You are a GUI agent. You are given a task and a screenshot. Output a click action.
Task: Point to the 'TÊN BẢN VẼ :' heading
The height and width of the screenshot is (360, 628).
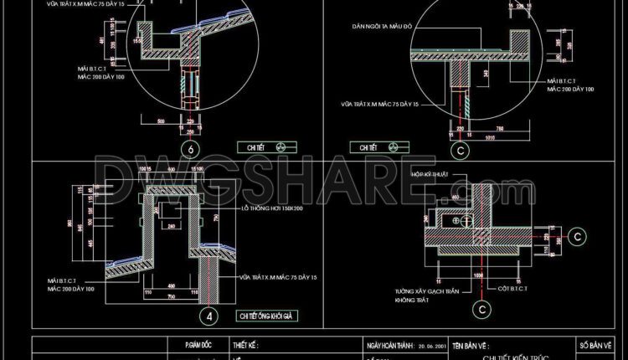(471, 344)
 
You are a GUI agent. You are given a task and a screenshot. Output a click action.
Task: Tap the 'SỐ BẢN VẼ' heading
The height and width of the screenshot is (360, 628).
(596, 344)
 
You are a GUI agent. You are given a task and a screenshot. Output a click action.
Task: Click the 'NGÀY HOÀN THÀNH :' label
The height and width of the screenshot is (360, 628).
(390, 344)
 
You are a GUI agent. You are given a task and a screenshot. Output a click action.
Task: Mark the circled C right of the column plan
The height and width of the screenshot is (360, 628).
(579, 237)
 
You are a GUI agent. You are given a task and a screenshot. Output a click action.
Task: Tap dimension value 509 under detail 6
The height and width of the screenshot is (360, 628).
(161, 122)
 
